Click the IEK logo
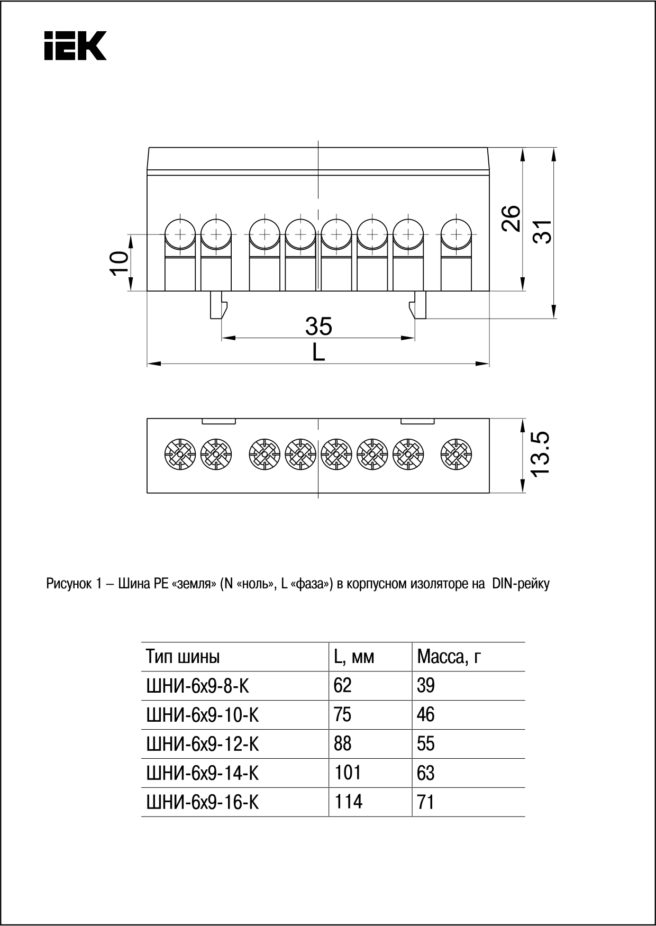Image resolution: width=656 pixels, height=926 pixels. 75,46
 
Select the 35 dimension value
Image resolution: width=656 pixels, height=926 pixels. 318,326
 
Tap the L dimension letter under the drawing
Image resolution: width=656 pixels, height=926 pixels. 318,352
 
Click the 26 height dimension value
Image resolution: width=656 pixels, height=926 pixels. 512,218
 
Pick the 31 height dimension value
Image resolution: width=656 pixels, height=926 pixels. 542,231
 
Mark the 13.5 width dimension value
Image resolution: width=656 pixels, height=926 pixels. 541,454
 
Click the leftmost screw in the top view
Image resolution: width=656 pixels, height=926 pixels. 180,454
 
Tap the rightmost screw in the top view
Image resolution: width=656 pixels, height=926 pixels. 456,454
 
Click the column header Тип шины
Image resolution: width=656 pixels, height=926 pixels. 183,657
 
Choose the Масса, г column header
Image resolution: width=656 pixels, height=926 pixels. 449,657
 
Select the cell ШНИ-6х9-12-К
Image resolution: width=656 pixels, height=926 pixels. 202,745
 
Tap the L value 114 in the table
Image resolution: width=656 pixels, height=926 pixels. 348,802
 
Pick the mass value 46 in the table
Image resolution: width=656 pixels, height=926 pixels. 425,715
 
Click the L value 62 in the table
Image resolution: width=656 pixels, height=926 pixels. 342,686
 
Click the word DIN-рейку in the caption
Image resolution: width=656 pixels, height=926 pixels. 521,584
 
